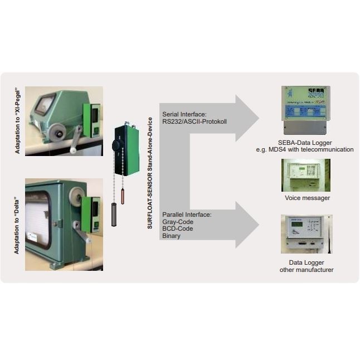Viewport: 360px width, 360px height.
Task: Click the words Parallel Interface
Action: point(187,215)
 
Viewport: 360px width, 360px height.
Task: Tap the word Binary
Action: point(171,236)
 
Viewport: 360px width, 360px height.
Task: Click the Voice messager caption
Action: point(307,197)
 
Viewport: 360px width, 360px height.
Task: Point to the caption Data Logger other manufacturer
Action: point(307,266)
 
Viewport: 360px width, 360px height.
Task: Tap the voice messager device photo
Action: point(306,175)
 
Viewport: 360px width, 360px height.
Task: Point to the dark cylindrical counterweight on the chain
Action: point(114,214)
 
